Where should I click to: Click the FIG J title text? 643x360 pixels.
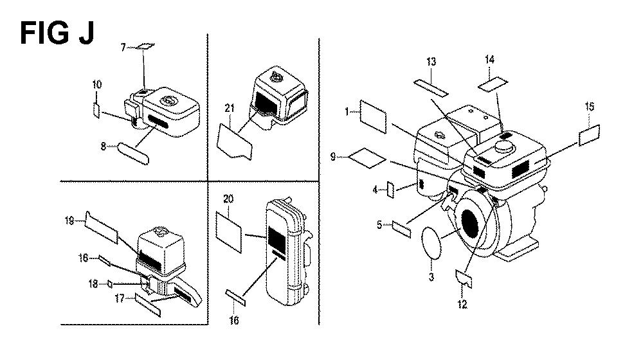[57, 33]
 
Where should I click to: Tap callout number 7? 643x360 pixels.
[123, 48]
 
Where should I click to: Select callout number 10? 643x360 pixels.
[97, 85]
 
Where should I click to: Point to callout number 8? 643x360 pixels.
[104, 146]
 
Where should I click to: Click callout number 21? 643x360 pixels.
[230, 108]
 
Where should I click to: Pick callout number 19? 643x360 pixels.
[69, 221]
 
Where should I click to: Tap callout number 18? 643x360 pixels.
[93, 283]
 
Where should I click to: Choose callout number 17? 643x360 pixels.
[120, 298]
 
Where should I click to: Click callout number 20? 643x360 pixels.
[228, 199]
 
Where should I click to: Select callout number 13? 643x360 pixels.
[431, 62]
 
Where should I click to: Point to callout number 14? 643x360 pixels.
[489, 59]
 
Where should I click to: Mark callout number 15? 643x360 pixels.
[589, 107]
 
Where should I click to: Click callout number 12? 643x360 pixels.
[462, 304]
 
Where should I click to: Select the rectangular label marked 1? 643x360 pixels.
[373, 117]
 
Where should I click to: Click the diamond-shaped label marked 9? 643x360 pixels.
[367, 158]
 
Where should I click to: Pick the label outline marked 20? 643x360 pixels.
[228, 232]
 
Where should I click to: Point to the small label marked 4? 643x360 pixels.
[391, 190]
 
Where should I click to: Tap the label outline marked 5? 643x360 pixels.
[402, 229]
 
